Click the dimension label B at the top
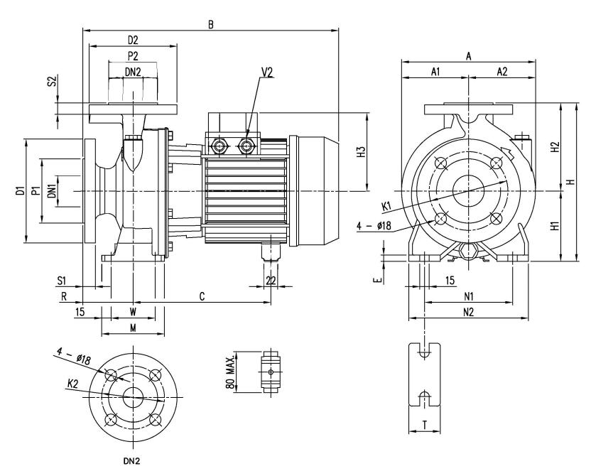[211, 24]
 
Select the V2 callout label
[266, 72]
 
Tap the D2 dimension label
[133, 40]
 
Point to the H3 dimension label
[361, 152]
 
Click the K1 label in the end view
[386, 206]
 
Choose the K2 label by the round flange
[72, 384]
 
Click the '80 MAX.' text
[231, 372]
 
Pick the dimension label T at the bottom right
[425, 425]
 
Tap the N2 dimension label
[469, 312]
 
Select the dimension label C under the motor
[202, 296]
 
